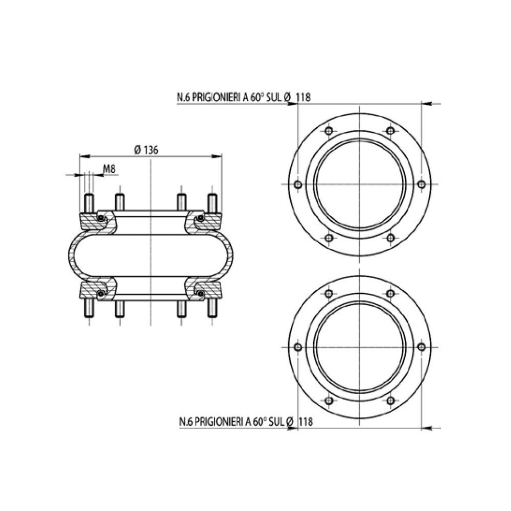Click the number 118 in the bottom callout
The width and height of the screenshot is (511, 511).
305,422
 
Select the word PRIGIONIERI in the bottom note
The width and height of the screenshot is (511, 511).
216,422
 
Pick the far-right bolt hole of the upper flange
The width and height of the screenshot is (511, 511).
421,184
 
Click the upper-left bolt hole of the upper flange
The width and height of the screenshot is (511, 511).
329,131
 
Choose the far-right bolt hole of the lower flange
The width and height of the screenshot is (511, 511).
421,347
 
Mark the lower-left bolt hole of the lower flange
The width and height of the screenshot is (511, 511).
329,400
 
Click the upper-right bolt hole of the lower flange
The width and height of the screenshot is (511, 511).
390,294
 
